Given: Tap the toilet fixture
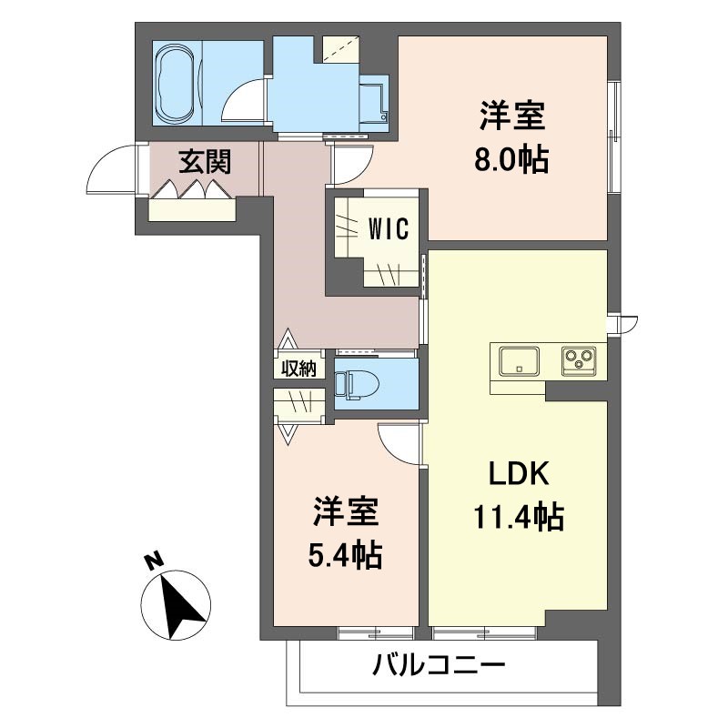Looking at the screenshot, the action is pos(357,384).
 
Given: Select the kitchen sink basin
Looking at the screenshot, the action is pos(519,361).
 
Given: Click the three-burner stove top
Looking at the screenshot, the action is pos(579,360).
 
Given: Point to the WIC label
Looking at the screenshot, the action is pos(389,228).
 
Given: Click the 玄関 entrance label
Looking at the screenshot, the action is pos(205,162).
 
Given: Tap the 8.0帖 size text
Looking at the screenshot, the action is pos(511,160).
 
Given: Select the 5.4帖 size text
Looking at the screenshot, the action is pos(346,555).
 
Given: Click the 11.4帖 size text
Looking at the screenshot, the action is pos(519,516).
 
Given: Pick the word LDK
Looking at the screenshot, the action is pos(519,473).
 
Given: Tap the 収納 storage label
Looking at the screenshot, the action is pos(299,369).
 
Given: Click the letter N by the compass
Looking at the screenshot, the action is pos(155,561).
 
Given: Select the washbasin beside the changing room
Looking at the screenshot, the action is pos(373,104).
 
